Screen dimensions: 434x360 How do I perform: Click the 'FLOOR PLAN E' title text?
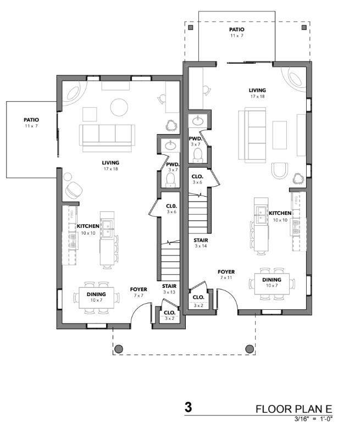click(x=294, y=409)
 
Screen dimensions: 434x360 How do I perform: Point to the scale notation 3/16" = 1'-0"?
click(x=313, y=419)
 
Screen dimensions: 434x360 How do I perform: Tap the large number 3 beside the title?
click(x=188, y=408)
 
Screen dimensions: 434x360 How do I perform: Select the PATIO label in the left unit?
click(x=31, y=122)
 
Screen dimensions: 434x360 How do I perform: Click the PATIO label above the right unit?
click(x=237, y=32)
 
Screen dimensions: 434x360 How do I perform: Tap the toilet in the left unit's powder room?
click(x=170, y=180)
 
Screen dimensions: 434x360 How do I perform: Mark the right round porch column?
click(x=250, y=348)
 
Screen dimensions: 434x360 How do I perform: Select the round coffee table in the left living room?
click(x=119, y=107)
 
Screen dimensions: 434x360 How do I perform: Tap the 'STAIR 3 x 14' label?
click(x=200, y=243)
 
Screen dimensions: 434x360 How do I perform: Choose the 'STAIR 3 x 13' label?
click(x=169, y=289)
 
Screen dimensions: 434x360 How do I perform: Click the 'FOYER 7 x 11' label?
click(x=226, y=275)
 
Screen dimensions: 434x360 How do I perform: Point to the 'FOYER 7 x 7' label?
click(x=139, y=292)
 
